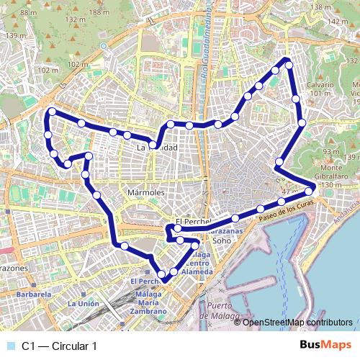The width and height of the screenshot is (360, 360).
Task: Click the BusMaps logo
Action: point(325,346)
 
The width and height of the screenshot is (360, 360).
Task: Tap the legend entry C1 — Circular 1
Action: point(60,346)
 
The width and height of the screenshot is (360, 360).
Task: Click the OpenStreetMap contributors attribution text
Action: point(293,322)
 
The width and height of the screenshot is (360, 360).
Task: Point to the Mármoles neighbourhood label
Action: point(146,193)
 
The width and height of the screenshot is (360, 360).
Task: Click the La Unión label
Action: point(84,304)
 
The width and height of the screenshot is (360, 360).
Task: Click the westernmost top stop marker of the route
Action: point(52,112)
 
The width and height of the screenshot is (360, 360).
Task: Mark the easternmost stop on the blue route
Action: point(310,190)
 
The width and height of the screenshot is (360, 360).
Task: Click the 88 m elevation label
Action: point(28,12)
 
